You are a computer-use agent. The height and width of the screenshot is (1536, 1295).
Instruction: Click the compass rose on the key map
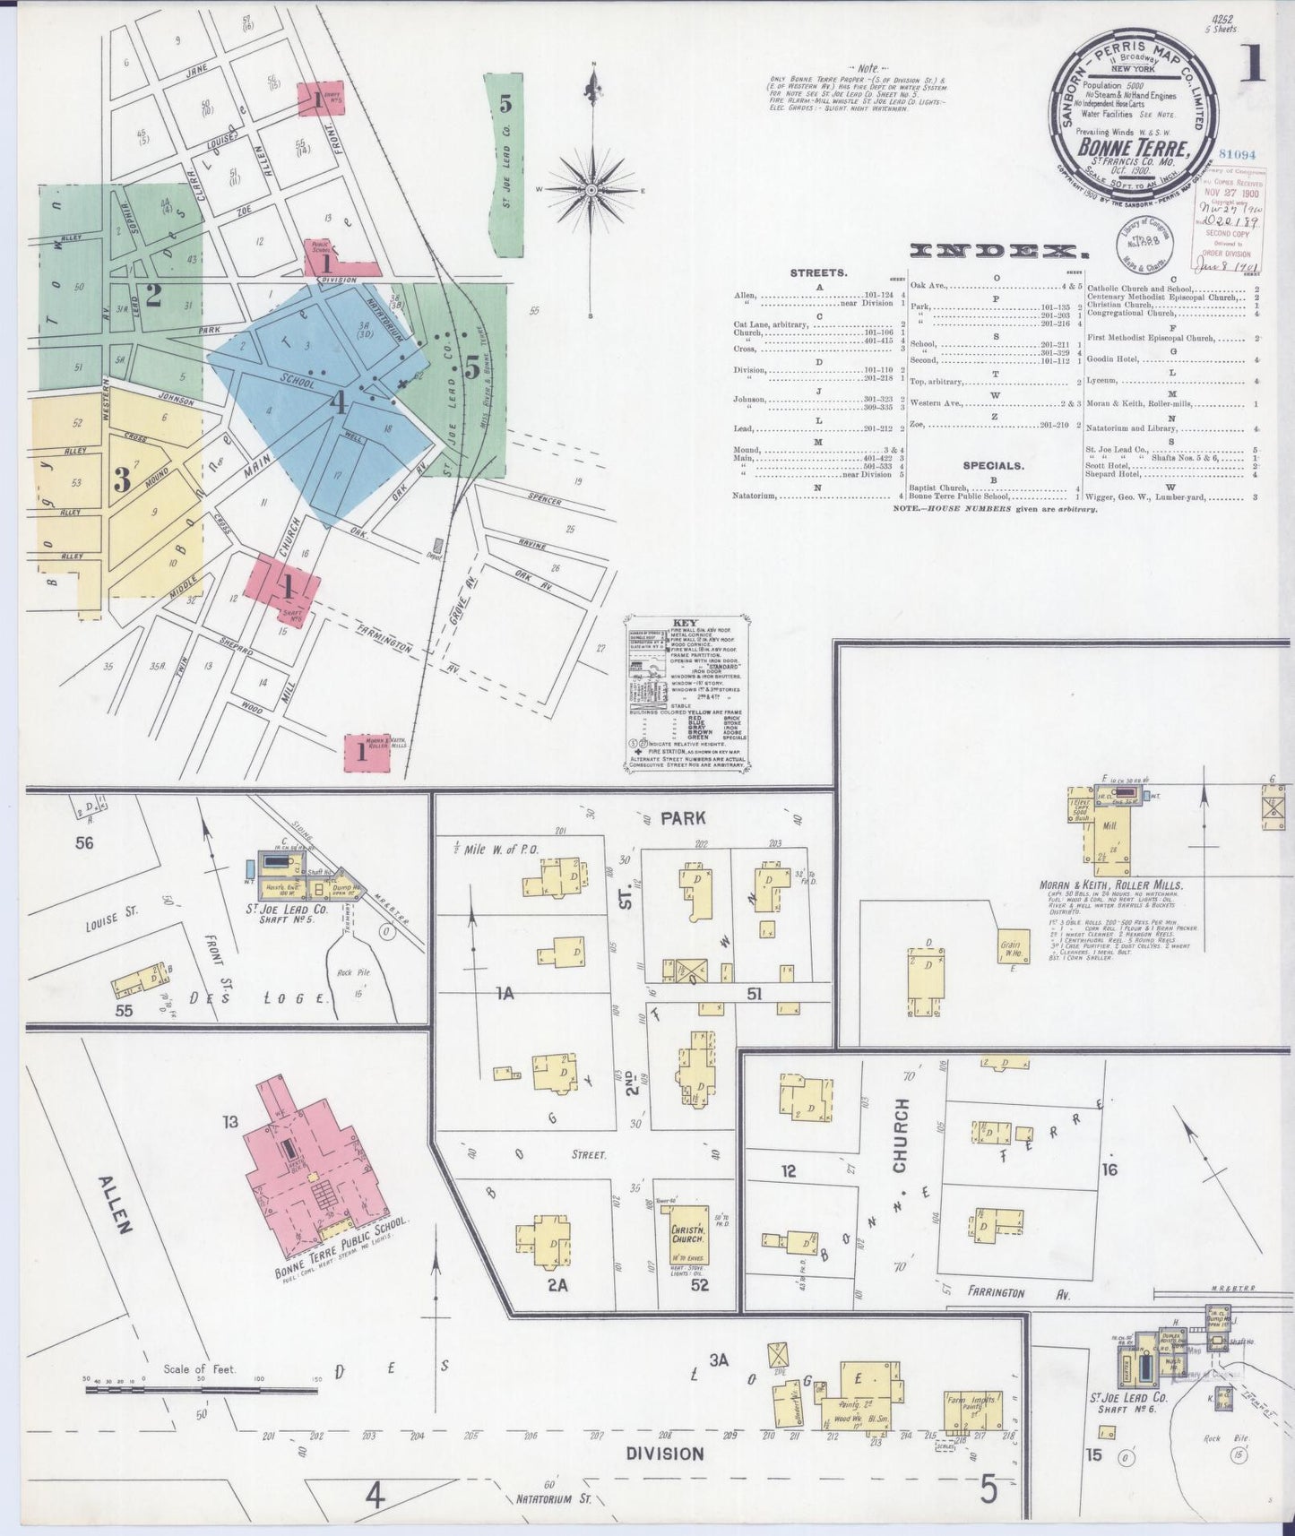591,190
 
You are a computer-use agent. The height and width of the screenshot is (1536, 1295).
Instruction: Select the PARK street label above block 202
683,817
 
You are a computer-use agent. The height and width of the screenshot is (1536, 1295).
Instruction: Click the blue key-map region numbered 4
337,403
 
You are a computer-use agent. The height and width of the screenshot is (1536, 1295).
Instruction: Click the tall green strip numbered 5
504,161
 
